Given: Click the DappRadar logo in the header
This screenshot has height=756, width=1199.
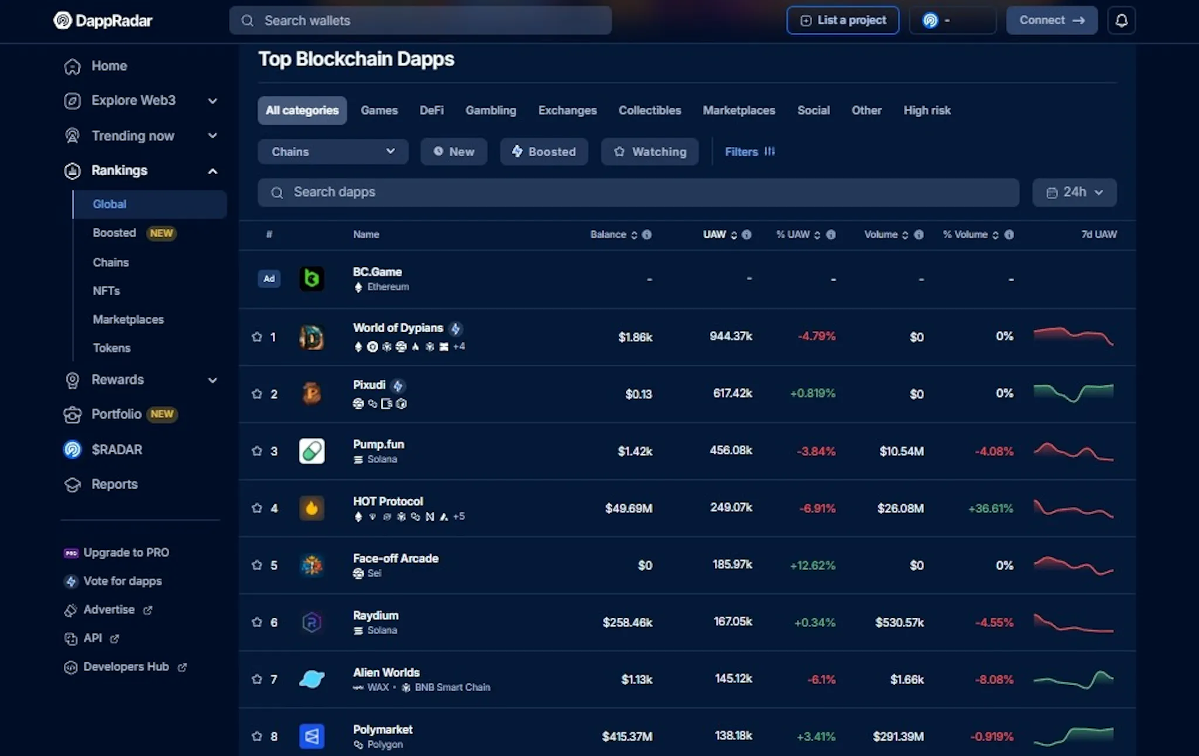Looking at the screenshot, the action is point(102,20).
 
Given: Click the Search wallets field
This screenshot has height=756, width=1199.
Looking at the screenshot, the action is point(420,20).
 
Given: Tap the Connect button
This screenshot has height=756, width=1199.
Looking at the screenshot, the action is point(1051,20).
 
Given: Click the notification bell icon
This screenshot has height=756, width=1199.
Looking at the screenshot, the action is point(1121,20).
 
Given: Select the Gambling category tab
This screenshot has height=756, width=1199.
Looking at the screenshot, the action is point(491,110).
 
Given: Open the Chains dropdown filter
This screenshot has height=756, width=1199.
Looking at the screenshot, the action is point(333,152).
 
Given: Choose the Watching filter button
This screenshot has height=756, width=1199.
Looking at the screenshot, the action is point(650,152).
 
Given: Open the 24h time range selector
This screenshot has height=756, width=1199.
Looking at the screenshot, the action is point(1074,192).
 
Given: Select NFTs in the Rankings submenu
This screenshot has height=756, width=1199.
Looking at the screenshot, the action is point(106,291).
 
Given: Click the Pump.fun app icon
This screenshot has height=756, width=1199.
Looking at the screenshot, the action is point(311,451).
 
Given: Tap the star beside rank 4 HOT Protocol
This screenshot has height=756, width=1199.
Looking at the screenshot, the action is point(256,508).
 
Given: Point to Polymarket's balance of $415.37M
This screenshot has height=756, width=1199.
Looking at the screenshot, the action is point(627,736).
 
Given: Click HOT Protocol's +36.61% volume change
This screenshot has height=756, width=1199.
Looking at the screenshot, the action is point(991,508).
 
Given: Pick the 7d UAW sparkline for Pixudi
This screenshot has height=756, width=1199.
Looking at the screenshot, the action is point(1074,393).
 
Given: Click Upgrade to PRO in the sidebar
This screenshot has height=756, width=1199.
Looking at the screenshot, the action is point(126,552).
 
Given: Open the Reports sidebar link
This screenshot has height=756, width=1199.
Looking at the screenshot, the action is point(114,484).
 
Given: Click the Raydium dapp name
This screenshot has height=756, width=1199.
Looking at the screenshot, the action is point(376,615).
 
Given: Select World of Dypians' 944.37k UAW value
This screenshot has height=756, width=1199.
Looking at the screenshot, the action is point(731,336).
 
